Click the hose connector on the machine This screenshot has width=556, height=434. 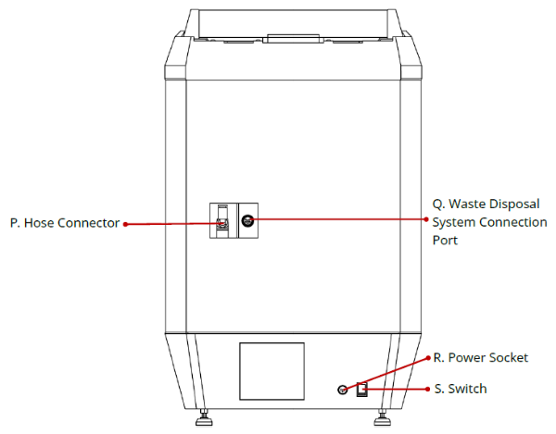[x=221, y=222]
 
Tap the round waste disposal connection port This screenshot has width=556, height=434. [x=247, y=220]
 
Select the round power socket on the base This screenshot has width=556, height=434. [x=343, y=391]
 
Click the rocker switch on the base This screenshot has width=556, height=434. [x=362, y=390]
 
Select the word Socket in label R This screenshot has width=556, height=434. [x=508, y=358]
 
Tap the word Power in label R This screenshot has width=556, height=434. [x=466, y=358]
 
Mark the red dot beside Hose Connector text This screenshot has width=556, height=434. [x=125, y=223]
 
